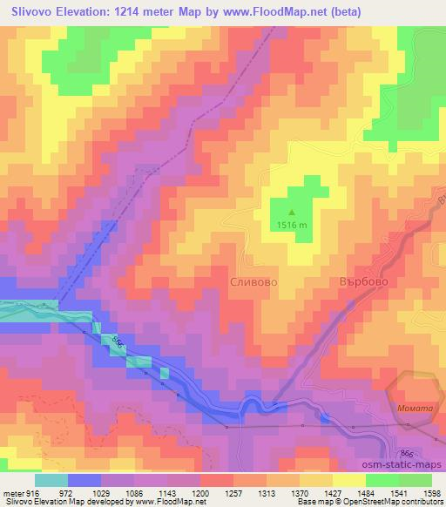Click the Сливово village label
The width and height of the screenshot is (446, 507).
253,283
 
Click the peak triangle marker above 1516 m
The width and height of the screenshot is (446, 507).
292,211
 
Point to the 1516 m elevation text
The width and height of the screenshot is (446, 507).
292,225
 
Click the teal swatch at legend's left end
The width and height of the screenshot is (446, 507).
51,480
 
